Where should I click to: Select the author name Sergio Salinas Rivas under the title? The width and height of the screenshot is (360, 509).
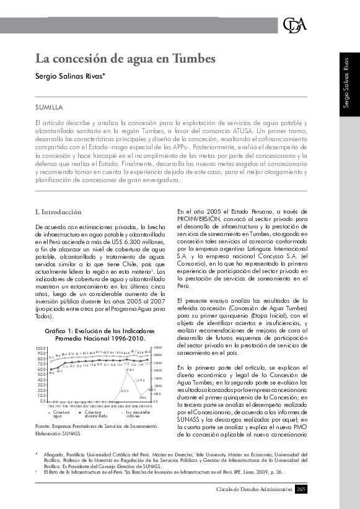click(69, 76)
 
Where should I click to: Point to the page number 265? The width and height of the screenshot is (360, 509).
click(301, 490)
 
